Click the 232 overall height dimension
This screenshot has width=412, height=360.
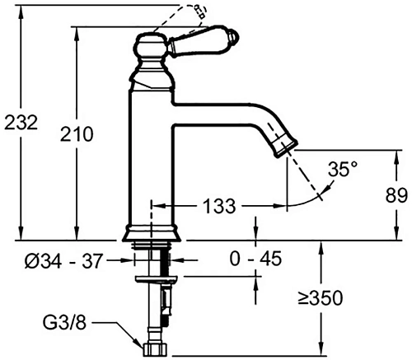pyautogui.click(x=21, y=123)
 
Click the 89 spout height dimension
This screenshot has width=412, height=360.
pyautogui.click(x=397, y=196)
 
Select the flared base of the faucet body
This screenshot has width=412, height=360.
pyautogui.click(x=151, y=233)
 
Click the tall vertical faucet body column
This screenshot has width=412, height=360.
pyautogui.click(x=151, y=157)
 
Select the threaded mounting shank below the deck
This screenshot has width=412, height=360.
pyautogui.click(x=152, y=262)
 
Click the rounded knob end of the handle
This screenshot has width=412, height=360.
pyautogui.click(x=234, y=37)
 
